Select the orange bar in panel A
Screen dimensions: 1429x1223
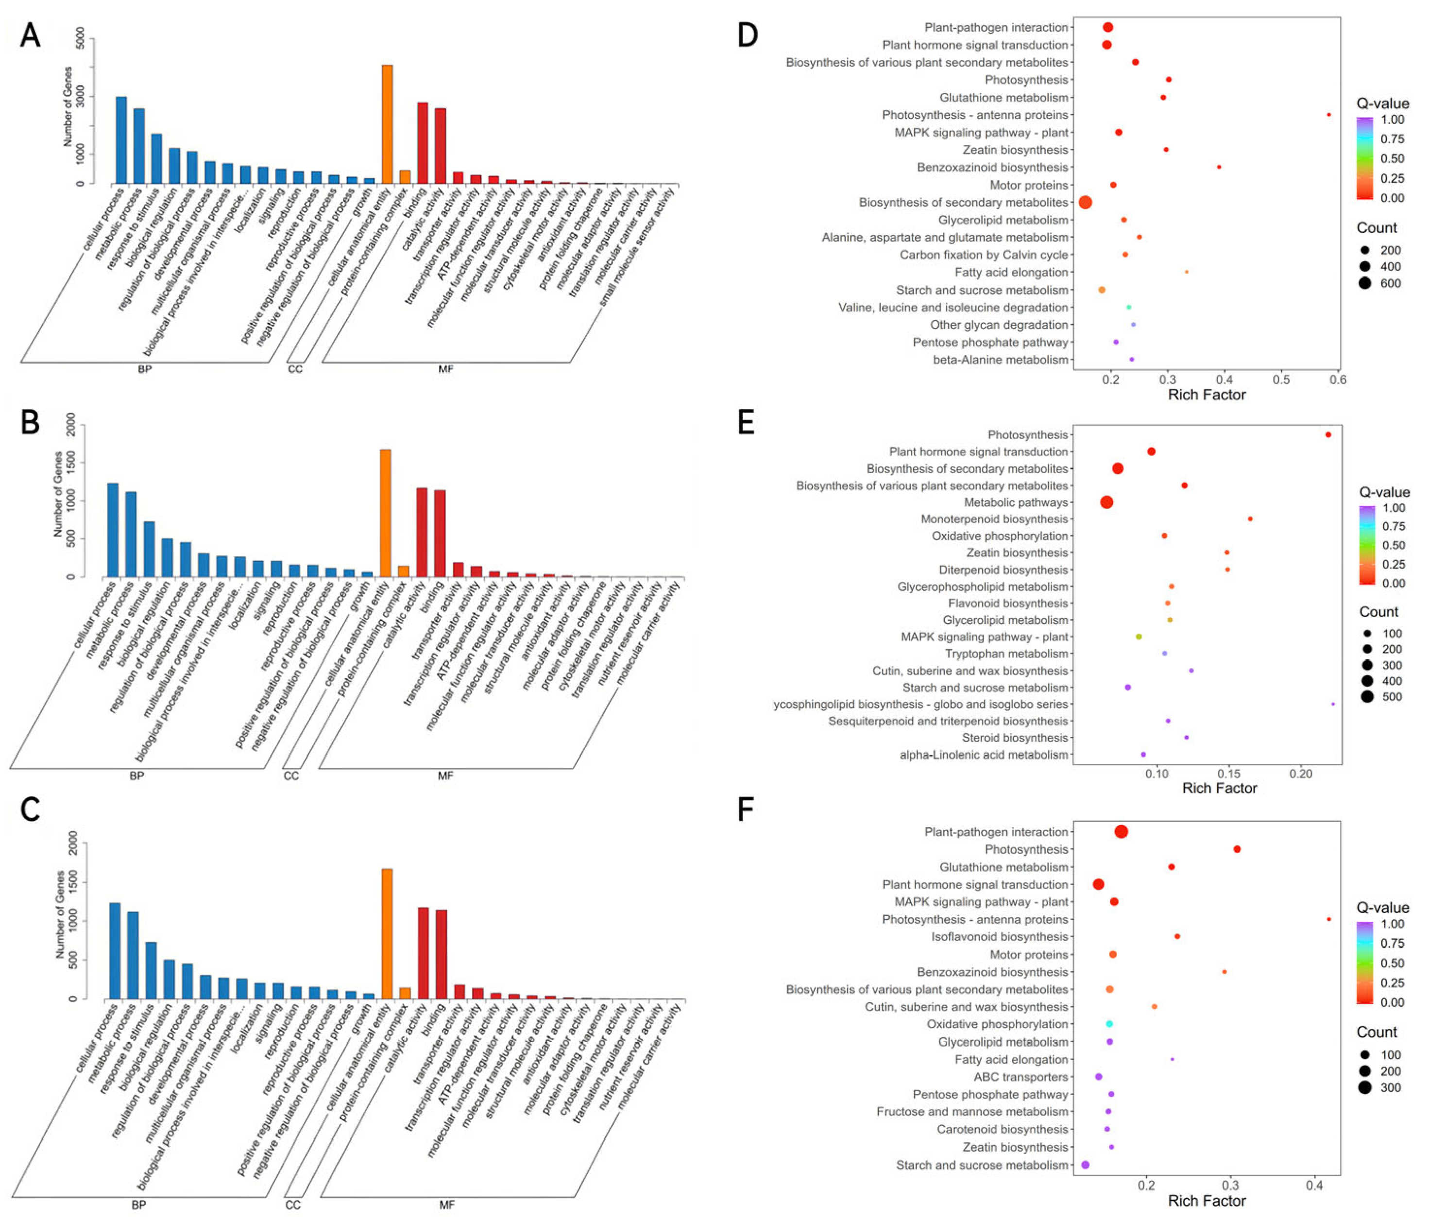point(388,124)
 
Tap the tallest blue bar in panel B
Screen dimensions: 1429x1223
point(112,530)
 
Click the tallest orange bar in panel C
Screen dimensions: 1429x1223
point(387,933)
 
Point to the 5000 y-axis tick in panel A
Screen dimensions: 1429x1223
point(81,38)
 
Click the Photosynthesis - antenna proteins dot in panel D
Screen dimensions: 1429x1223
point(1328,115)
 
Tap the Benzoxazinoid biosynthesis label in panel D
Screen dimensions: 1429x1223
point(992,168)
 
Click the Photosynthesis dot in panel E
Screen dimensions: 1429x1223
point(1327,434)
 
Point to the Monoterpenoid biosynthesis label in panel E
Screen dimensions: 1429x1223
point(994,519)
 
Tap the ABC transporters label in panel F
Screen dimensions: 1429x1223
point(1021,1077)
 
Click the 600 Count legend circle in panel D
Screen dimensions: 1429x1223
point(1365,283)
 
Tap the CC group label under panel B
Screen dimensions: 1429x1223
point(291,776)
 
